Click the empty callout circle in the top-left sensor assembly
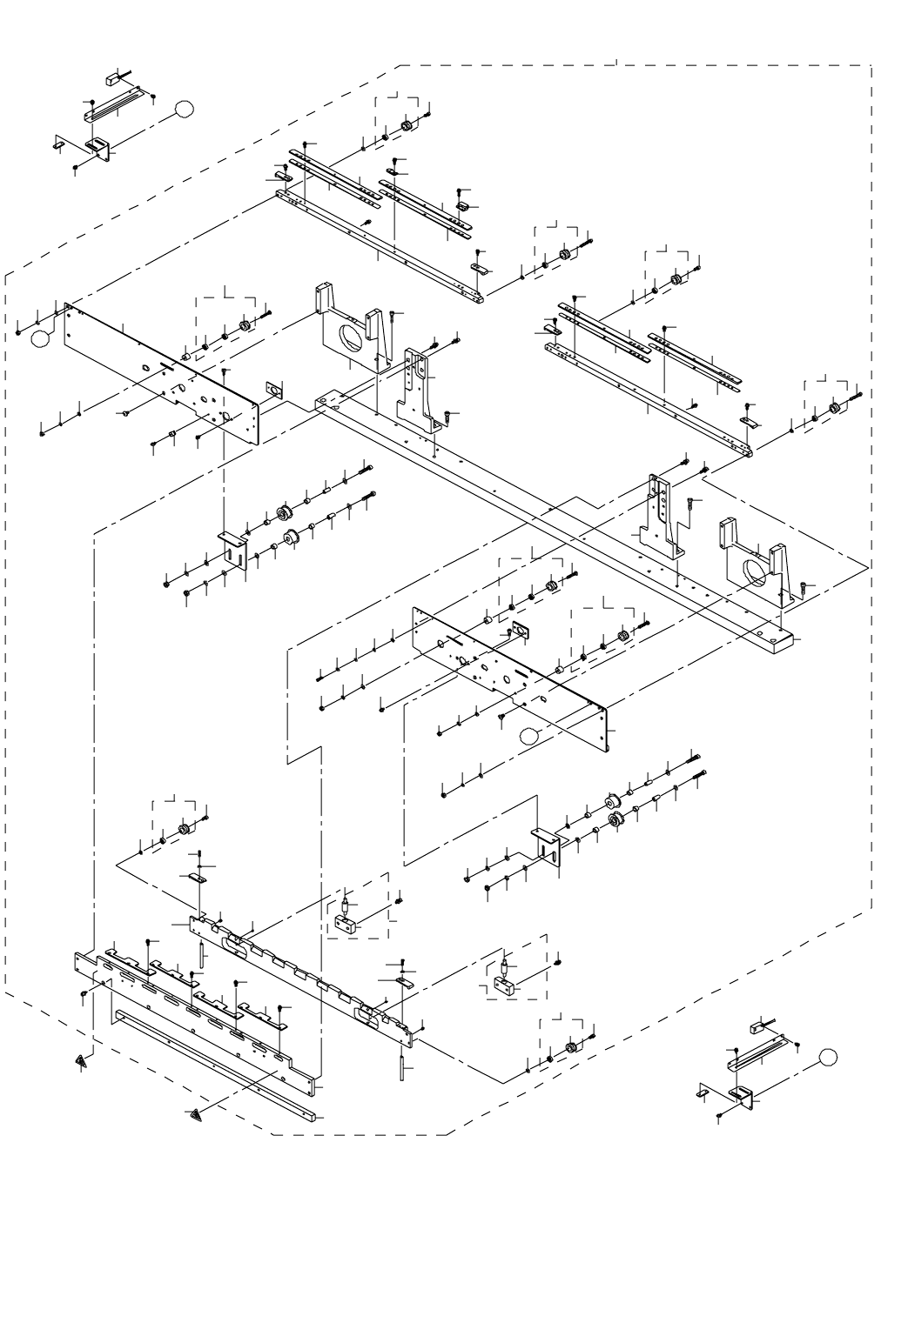(x=184, y=109)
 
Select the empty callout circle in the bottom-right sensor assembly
(x=828, y=1057)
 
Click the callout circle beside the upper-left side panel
(x=39, y=338)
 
